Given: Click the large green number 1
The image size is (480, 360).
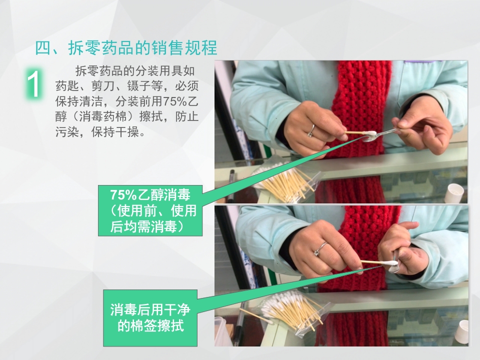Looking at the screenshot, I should pyautogui.click(x=34, y=84).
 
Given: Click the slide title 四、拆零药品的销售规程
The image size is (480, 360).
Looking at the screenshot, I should pyautogui.click(x=126, y=48).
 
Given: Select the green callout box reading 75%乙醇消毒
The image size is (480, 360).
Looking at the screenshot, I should pyautogui.click(x=150, y=210).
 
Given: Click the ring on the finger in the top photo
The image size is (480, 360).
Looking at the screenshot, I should pyautogui.click(x=311, y=130).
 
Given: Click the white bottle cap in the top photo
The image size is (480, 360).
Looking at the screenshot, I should pyautogui.click(x=456, y=192).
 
